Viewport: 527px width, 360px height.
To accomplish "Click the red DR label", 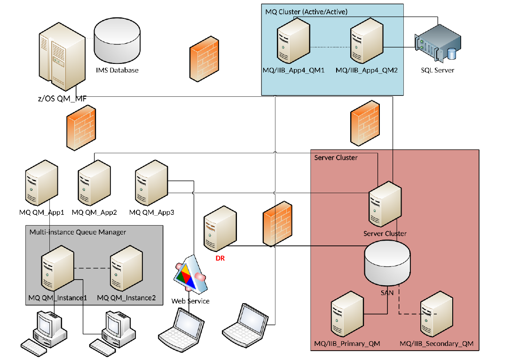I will tap(220, 258).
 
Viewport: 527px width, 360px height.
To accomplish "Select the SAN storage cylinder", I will tap(388, 263).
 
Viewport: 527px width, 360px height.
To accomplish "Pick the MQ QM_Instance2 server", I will tap(126, 270).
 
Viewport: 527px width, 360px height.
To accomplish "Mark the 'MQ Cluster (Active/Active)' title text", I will tap(307, 12).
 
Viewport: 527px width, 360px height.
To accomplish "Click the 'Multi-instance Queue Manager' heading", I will tap(78, 232).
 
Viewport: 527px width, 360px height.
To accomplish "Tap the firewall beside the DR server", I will tap(277, 223).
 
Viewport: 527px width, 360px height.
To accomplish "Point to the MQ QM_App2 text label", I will tap(94, 212).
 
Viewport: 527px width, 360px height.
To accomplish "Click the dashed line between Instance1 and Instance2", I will tap(92, 268).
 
